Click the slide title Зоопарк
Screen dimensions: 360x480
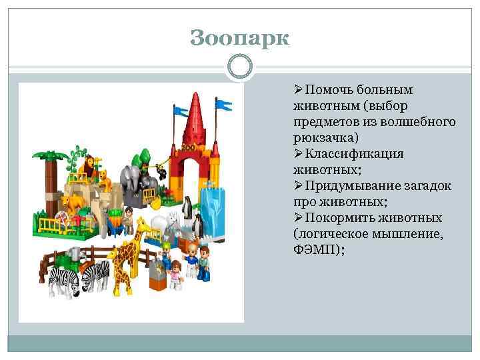tap(240, 38)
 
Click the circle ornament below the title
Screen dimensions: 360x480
tap(240, 67)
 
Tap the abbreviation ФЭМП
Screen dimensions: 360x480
tap(315, 250)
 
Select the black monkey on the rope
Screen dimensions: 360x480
tap(161, 173)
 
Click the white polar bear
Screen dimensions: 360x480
tap(160, 223)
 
